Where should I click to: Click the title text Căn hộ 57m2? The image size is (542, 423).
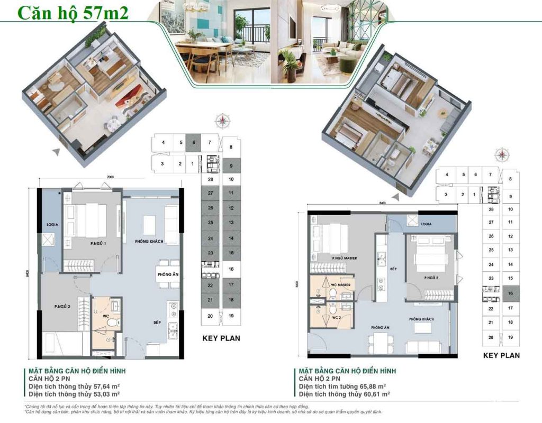tap(74, 13)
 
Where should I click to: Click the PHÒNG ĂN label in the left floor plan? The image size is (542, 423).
tap(167, 275)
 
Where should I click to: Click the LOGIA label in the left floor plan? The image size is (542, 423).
tap(51, 224)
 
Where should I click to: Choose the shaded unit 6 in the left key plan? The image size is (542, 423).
tap(194, 142)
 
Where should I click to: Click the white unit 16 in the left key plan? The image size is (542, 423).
tap(231, 269)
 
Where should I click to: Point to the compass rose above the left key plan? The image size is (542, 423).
tap(225, 121)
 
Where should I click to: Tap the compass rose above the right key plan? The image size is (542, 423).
tap(500, 155)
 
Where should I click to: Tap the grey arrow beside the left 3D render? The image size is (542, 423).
tap(55, 151)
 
